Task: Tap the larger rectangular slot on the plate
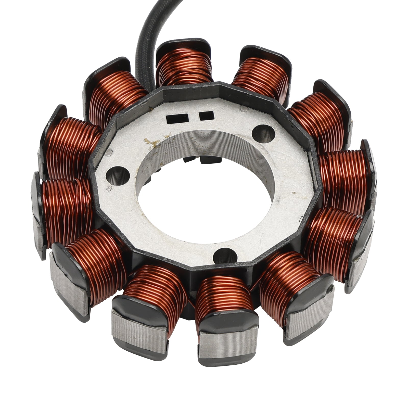177,118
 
